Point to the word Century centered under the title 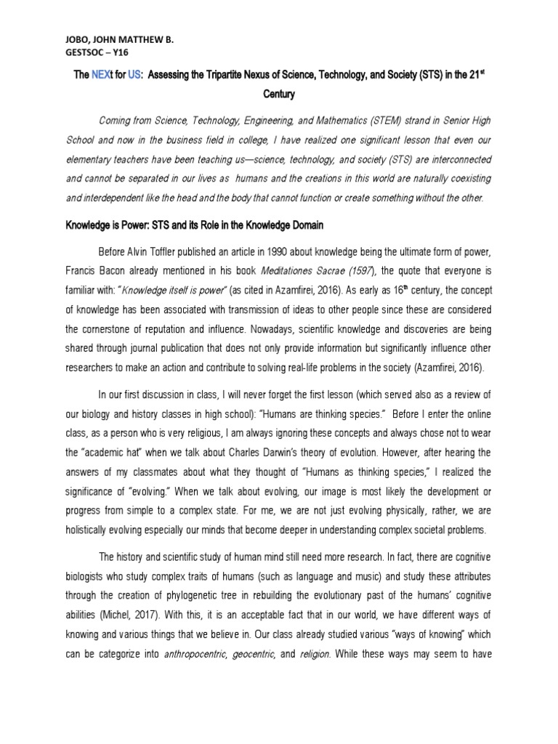[278, 94]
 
